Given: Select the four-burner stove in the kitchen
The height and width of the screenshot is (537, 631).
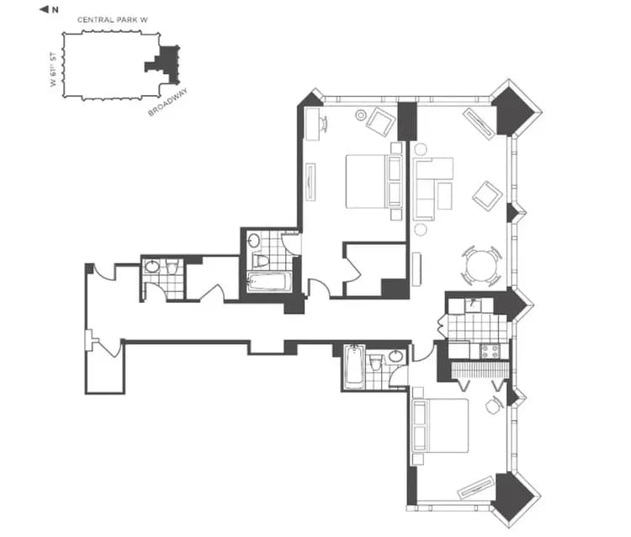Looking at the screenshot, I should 489,349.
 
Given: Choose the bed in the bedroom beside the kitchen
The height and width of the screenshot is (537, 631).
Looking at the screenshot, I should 441,426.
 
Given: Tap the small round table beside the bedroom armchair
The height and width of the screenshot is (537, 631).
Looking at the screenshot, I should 361,115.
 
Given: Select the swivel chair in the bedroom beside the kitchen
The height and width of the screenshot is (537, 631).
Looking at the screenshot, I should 494,404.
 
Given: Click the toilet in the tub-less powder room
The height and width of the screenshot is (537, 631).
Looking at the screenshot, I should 172,268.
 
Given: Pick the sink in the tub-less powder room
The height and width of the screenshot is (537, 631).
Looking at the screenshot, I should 152,268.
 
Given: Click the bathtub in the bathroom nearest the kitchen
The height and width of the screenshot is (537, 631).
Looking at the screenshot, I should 354,367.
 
